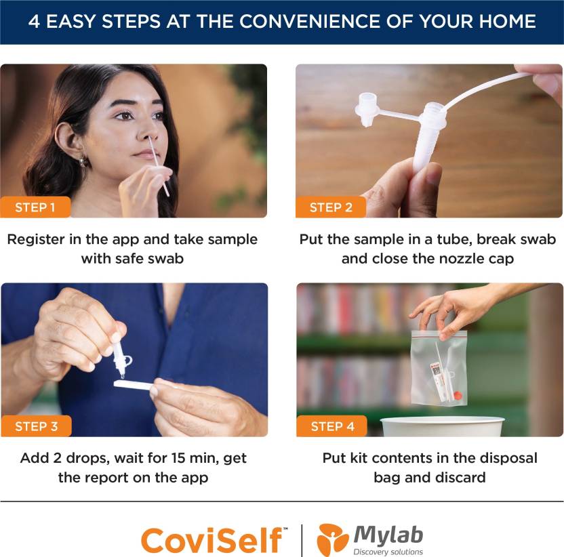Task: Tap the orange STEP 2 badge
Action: click(x=331, y=207)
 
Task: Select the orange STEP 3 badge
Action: click(x=36, y=426)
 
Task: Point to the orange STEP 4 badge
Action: click(x=331, y=426)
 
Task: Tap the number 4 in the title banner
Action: click(x=34, y=21)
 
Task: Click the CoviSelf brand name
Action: click(x=211, y=540)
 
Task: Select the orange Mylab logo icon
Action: click(x=332, y=539)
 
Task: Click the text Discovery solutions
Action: click(x=388, y=552)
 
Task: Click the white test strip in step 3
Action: click(x=133, y=386)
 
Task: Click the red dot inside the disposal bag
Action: click(x=458, y=395)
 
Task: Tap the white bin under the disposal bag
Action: click(x=443, y=427)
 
